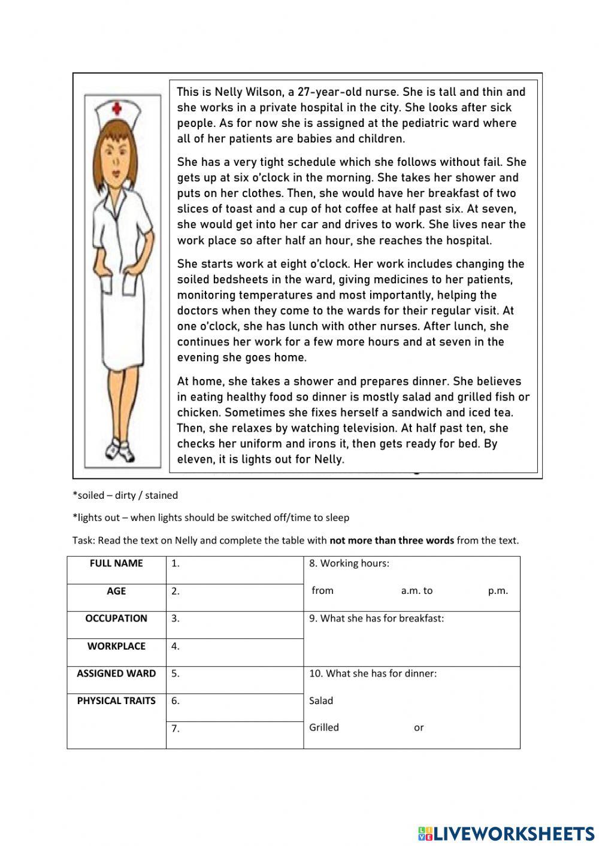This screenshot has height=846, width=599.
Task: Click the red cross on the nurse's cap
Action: [117, 109]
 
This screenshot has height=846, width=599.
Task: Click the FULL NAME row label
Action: [116, 563]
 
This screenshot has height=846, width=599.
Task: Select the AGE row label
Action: [116, 591]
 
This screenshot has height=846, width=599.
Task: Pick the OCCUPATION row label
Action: [116, 618]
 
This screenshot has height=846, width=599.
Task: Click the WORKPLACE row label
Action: [116, 646]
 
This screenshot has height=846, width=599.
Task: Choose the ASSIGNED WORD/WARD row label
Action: [116, 674]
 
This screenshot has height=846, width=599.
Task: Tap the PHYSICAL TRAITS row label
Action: [116, 701]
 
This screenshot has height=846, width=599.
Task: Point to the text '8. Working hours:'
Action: [349, 563]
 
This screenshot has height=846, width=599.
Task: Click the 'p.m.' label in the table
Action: [498, 591]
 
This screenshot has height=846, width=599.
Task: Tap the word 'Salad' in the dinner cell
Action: [321, 701]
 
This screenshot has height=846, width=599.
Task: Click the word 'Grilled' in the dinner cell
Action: [324, 728]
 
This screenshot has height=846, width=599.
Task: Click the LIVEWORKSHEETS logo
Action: [506, 833]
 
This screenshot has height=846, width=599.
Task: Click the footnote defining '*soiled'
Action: [125, 495]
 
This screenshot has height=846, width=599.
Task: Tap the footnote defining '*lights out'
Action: [210, 517]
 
